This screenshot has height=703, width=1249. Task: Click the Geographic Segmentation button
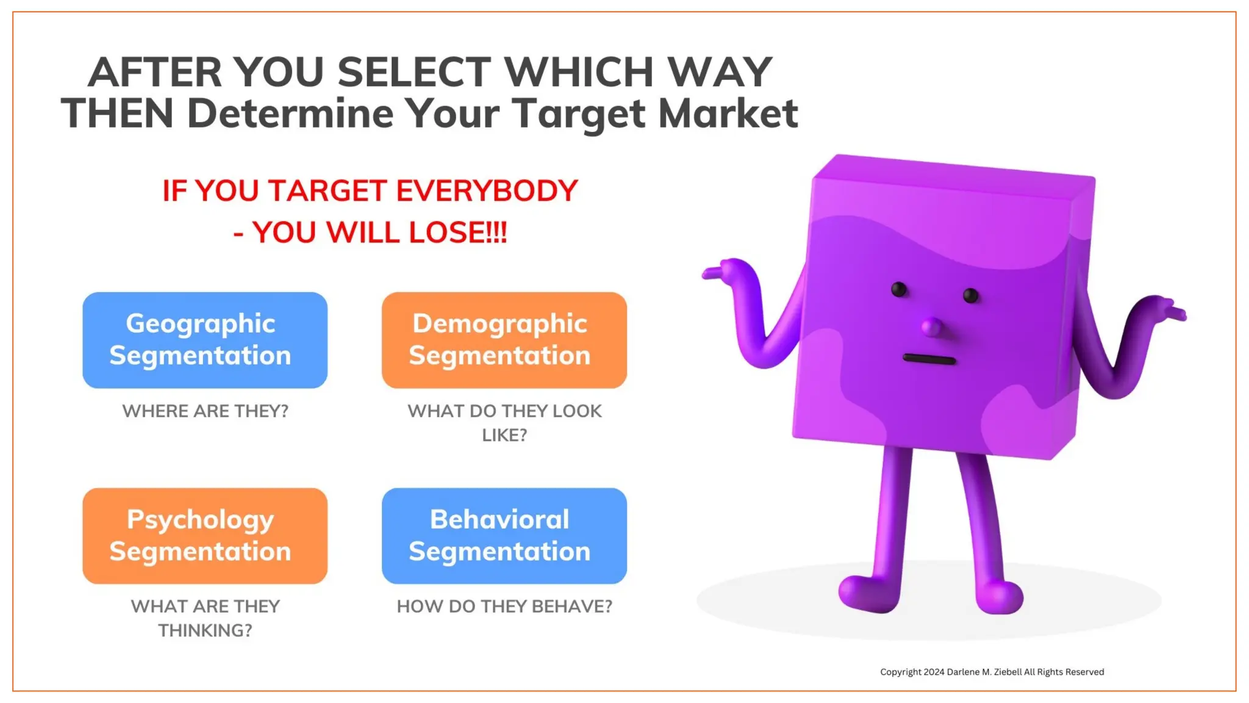point(205,340)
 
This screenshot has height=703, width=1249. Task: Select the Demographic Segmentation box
point(504,340)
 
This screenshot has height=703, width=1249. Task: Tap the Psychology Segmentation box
point(205,535)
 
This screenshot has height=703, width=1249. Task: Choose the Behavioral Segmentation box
point(504,535)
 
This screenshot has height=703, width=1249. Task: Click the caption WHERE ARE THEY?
point(205,411)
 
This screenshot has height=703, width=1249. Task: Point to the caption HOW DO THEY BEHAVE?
point(504,607)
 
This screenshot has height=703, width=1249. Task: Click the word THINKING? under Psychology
point(205,630)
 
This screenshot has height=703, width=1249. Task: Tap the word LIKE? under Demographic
point(504,435)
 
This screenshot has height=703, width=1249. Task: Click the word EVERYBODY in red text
point(487,191)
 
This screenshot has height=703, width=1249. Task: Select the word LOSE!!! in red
point(457,233)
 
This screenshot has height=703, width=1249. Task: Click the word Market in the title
point(728,114)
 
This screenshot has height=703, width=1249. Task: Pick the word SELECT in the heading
point(414,72)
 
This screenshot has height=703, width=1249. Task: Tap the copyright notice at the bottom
point(992,672)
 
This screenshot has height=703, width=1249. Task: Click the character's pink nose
point(931,327)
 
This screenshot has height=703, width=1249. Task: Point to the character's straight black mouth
point(929,359)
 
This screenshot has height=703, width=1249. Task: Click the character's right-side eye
point(970,296)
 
